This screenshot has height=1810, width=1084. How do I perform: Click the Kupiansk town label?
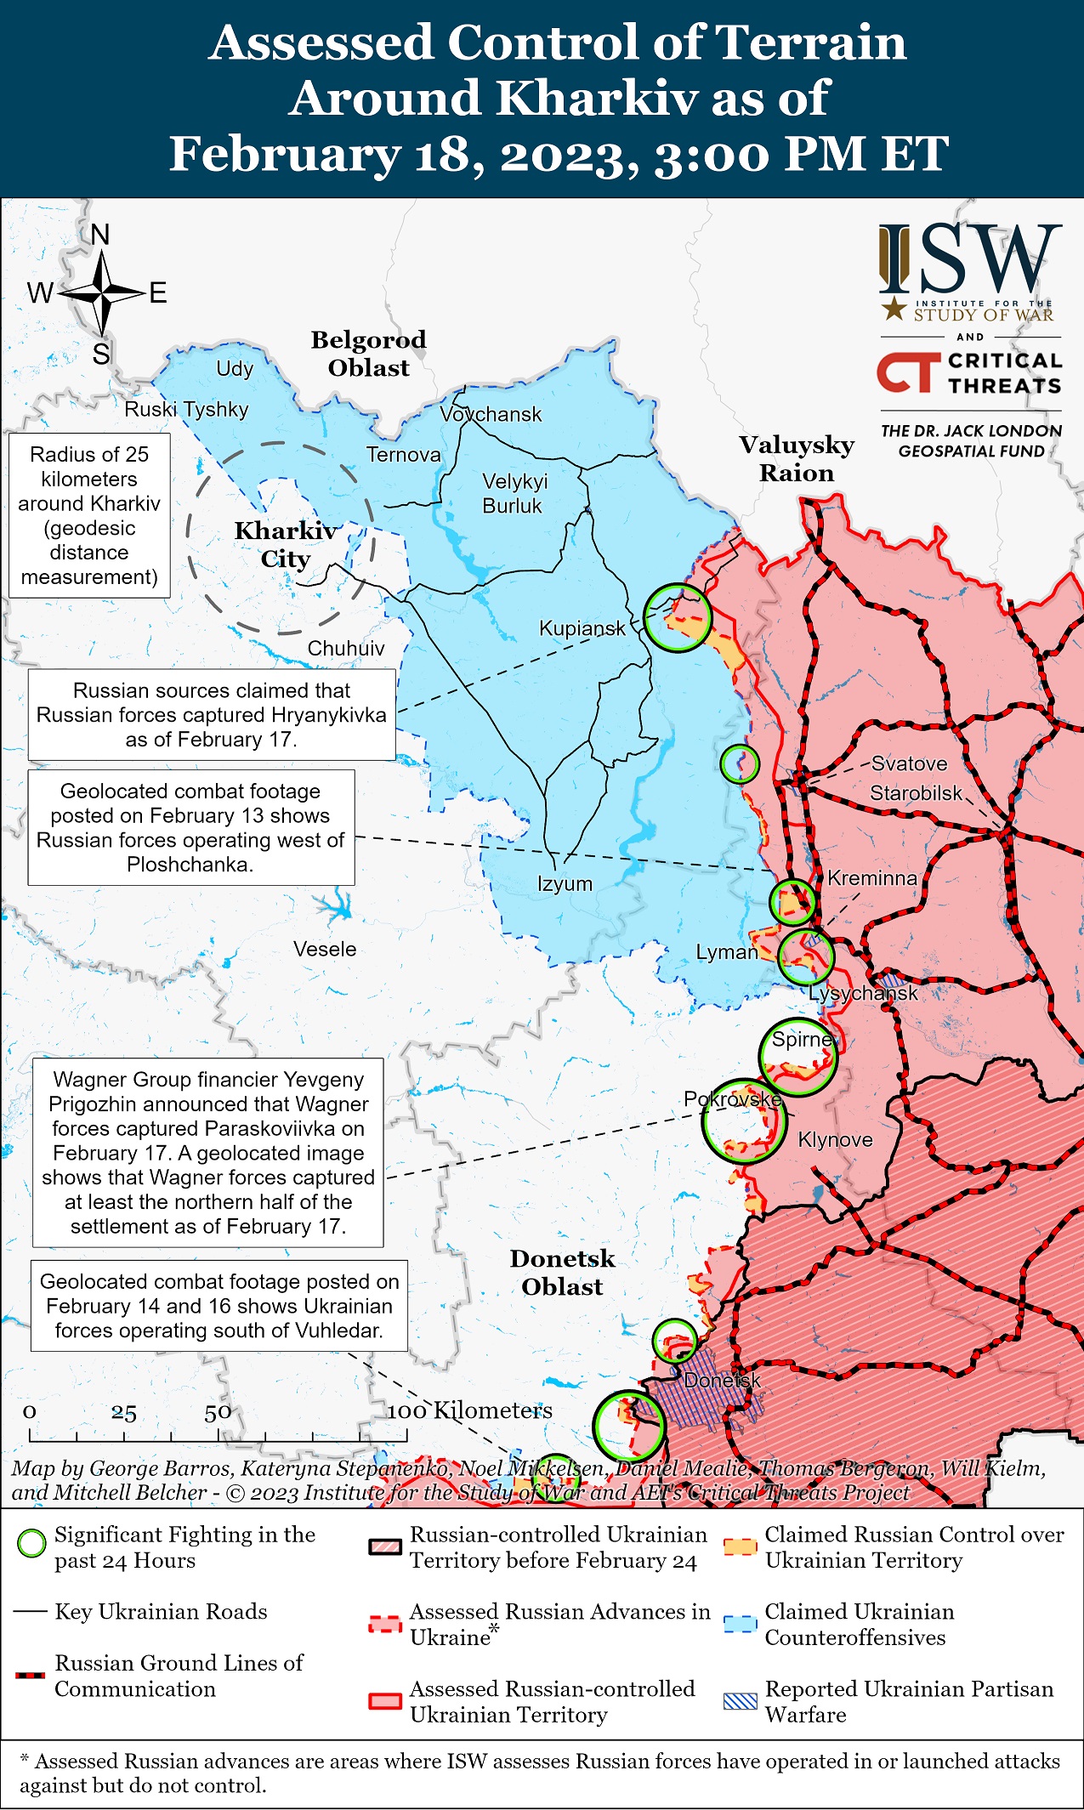pos(582,628)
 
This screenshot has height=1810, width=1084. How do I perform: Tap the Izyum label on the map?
pos(565,883)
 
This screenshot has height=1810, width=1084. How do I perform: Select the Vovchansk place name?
pos(491,414)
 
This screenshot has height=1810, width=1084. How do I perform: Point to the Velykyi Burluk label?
pos(514,493)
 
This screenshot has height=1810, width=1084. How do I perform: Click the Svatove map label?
pos(909,763)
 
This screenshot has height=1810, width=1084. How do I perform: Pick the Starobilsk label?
pos(916,793)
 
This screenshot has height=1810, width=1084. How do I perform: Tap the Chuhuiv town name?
pos(346,649)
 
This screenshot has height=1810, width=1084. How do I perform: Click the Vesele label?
pos(325,949)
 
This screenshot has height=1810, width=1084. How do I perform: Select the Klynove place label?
pos(835,1139)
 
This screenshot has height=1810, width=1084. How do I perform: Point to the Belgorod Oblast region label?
pos(368,354)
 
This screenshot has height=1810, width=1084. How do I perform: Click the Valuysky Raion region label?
pos(797,458)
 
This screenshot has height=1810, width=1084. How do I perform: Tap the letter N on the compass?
pos(100,235)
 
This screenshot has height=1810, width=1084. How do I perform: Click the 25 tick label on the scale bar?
pos(123,1414)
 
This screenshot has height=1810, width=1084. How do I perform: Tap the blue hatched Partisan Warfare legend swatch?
pos(740,1701)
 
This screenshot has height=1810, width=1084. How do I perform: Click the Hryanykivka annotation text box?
pos(212,715)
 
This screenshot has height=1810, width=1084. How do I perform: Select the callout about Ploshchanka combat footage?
pos(190,827)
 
